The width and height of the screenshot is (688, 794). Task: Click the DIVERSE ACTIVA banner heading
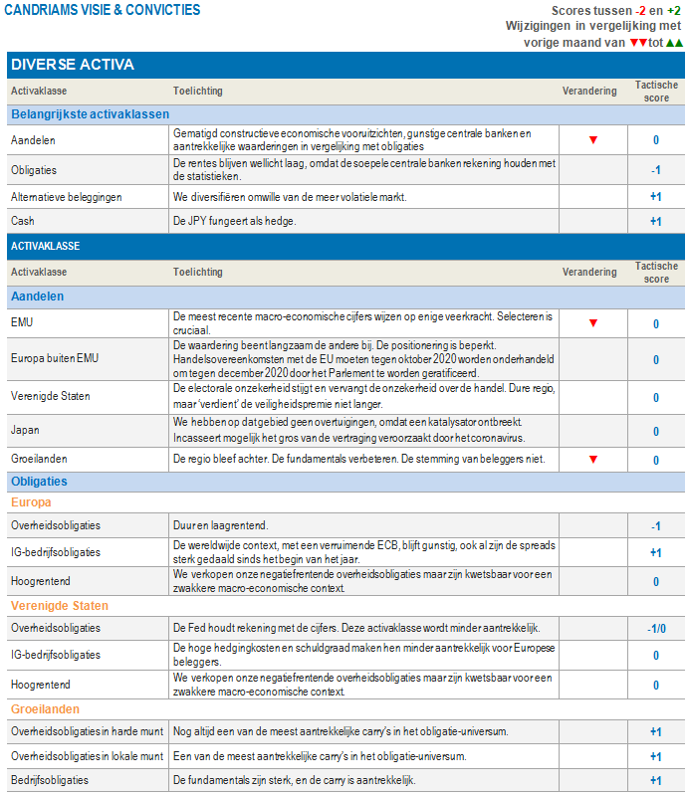pos(73,65)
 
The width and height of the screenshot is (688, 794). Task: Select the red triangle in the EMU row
pos(592,323)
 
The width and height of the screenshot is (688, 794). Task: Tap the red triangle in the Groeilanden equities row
pos(592,460)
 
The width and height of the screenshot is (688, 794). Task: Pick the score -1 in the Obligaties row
pos(655,170)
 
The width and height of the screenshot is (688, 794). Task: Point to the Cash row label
pos(23,221)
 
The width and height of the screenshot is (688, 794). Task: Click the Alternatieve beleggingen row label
pos(66,197)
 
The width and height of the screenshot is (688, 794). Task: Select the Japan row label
pos(25,432)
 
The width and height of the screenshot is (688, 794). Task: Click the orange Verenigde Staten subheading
pos(60,606)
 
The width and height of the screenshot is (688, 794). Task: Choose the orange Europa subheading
pos(31,502)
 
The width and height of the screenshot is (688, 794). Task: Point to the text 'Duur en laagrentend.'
pos(220,525)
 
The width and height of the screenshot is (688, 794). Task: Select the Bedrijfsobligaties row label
pos(50,780)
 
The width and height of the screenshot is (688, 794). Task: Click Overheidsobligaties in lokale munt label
pos(87,756)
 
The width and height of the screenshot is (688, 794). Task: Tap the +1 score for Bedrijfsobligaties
pos(655,781)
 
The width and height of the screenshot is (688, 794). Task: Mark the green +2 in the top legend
pos(674,10)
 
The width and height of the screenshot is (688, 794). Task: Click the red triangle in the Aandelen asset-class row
pos(592,140)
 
